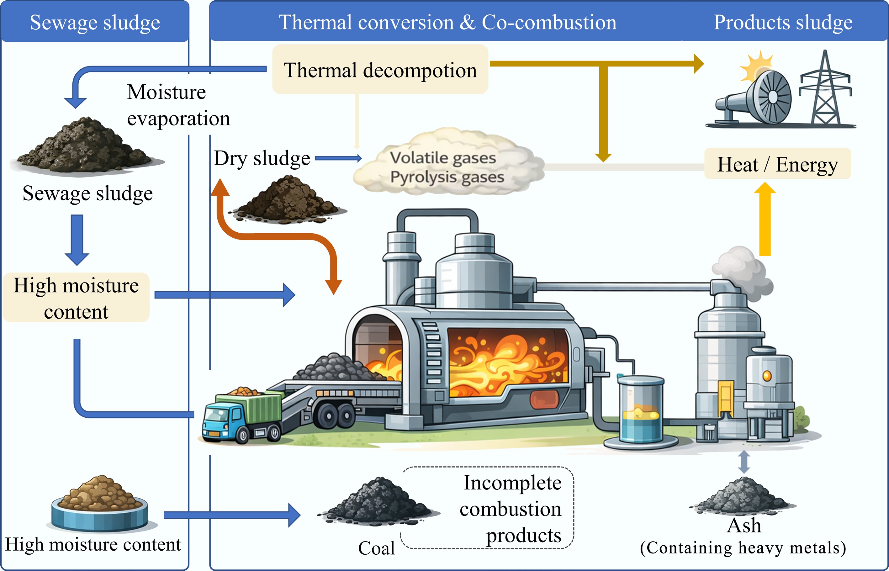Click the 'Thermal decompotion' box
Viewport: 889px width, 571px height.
pyautogui.click(x=380, y=69)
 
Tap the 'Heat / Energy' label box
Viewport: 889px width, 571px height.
pyautogui.click(x=777, y=164)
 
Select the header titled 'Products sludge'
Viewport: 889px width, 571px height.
pyautogui.click(x=783, y=22)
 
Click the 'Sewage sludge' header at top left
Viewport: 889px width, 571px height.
pyautogui.click(x=95, y=22)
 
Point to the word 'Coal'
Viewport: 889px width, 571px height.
pyautogui.click(x=376, y=548)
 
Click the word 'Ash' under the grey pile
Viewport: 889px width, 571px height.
pyautogui.click(x=744, y=526)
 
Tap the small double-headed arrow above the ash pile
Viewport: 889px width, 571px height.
pyautogui.click(x=744, y=462)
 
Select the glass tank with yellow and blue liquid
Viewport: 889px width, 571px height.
pyautogui.click(x=640, y=410)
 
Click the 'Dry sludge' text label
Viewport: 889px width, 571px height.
pyautogui.click(x=262, y=158)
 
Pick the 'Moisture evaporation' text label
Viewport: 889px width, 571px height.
pyautogui.click(x=178, y=105)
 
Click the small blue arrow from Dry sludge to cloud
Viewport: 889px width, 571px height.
pyautogui.click(x=338, y=158)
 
